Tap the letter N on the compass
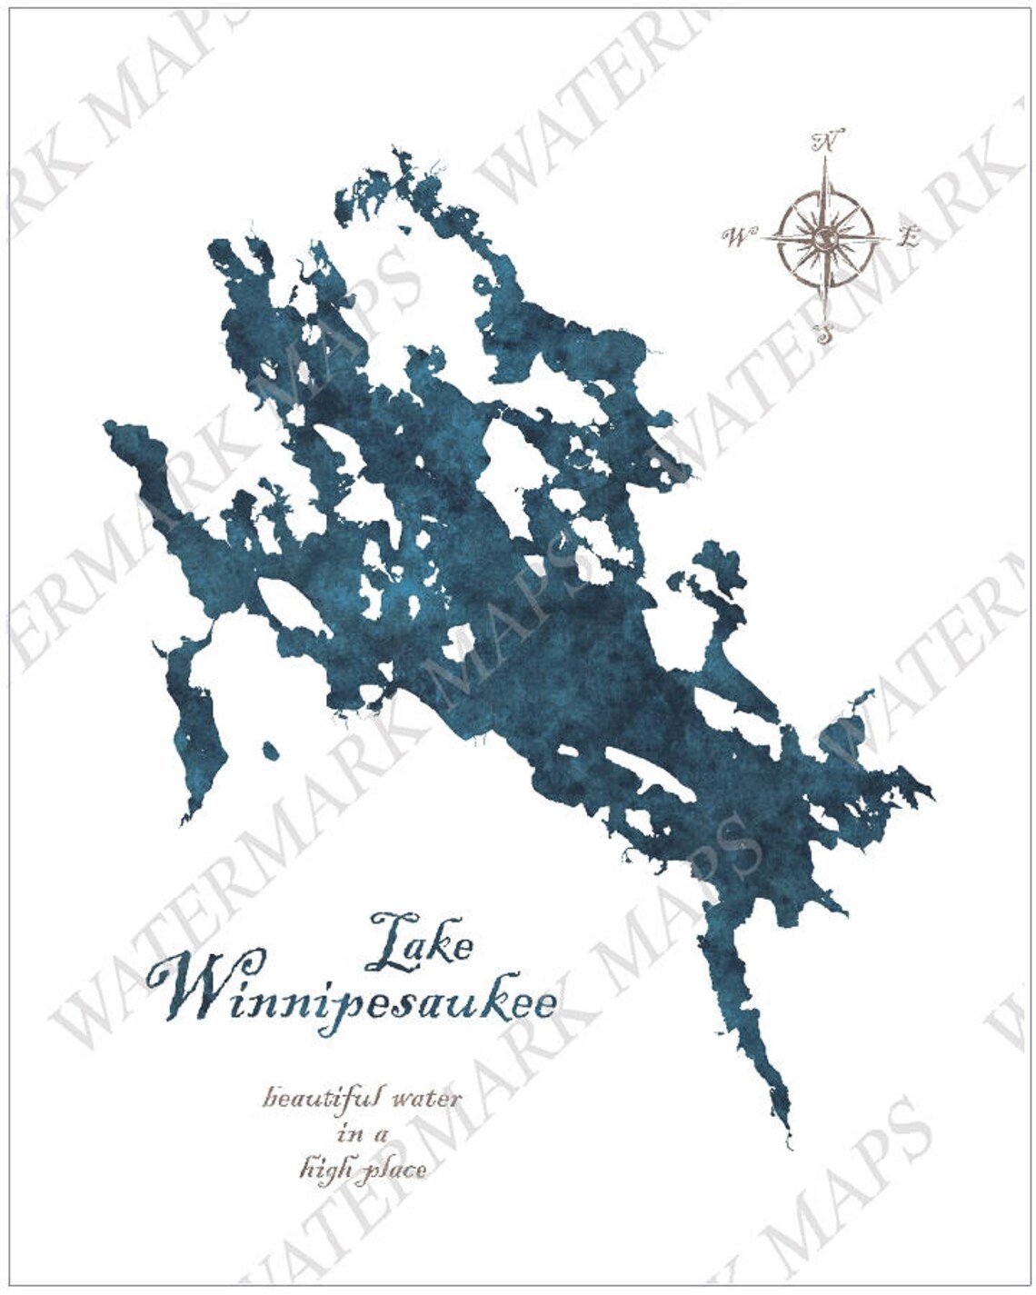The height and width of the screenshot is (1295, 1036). (826, 142)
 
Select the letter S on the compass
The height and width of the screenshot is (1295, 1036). (824, 334)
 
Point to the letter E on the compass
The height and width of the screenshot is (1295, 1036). (908, 238)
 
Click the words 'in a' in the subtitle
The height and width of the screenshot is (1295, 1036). (363, 1133)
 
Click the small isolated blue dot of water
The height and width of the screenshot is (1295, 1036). (270, 751)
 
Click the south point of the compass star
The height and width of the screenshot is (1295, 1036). (824, 314)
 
